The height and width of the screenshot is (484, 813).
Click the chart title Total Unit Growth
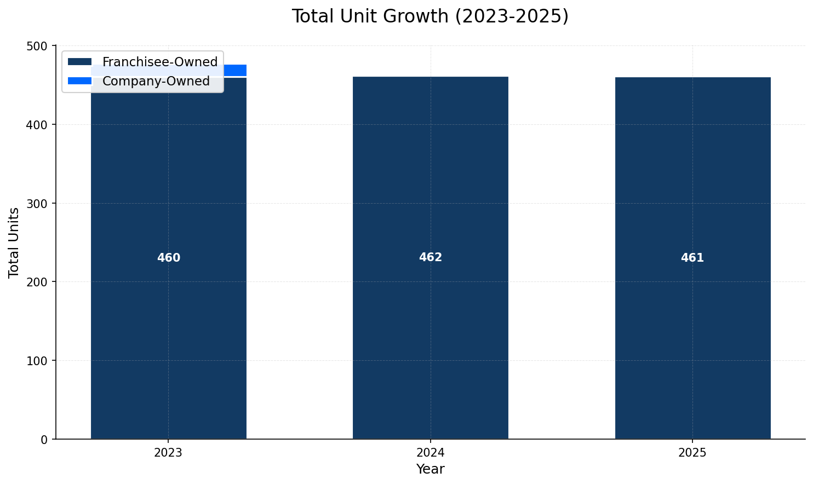tap(430, 16)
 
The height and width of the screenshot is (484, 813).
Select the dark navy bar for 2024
tap(430, 329)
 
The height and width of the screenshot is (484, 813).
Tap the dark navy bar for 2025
tap(692, 329)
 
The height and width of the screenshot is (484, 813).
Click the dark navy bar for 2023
tap(168, 329)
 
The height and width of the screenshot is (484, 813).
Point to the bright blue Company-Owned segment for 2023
tap(235, 71)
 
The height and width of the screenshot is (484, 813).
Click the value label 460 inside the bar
tap(169, 258)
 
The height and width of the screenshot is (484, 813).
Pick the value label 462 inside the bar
tap(430, 257)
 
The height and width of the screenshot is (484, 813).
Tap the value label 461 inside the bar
tap(692, 258)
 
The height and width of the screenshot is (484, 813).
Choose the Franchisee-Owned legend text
tap(160, 62)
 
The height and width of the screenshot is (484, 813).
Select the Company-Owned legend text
tap(156, 81)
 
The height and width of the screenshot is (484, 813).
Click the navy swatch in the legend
tap(79, 62)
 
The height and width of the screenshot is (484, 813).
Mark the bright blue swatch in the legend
tap(79, 81)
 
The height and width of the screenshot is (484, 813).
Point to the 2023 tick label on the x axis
tap(168, 453)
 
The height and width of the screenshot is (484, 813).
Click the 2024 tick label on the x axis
tap(430, 453)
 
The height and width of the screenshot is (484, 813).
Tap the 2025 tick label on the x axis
tap(692, 453)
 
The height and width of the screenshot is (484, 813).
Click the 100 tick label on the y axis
tap(38, 361)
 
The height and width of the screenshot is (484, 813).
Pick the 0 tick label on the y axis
tap(45, 440)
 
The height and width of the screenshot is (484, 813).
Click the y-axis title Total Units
tap(14, 243)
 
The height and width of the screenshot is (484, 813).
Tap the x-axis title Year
tap(430, 469)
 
